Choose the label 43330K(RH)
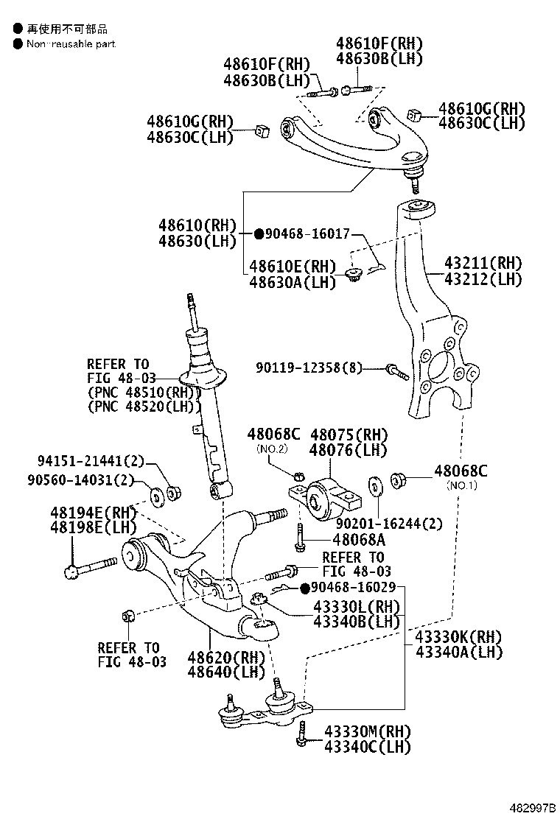pyautogui.click(x=458, y=636)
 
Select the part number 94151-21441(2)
pyautogui.click(x=91, y=461)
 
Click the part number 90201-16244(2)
pyautogui.click(x=389, y=524)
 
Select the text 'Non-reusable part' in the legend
pyautogui.click(x=71, y=44)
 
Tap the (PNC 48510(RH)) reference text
pyautogui.click(x=144, y=392)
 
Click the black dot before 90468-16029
pyautogui.click(x=304, y=588)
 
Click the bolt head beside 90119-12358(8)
pyautogui.click(x=391, y=368)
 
